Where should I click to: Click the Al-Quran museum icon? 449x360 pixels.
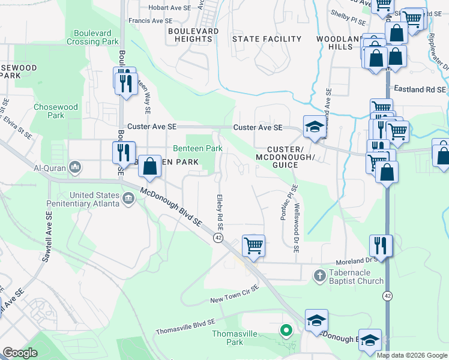pos(75,166)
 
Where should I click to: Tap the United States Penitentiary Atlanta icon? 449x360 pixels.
pos(128,198)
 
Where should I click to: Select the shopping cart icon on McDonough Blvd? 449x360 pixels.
pos(253,245)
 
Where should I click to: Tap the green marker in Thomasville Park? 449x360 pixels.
pos(286,329)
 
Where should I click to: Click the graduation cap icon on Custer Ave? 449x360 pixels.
pos(314,126)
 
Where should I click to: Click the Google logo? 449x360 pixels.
pos(20,353)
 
